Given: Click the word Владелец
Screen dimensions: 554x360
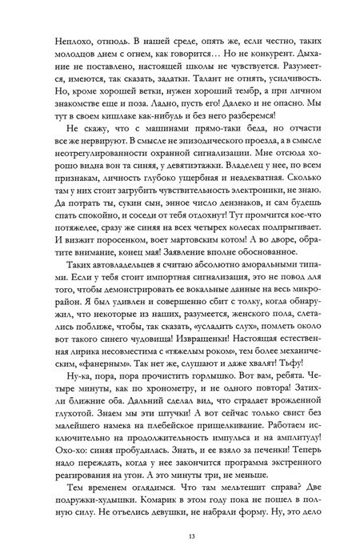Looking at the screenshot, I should click(x=243, y=167).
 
